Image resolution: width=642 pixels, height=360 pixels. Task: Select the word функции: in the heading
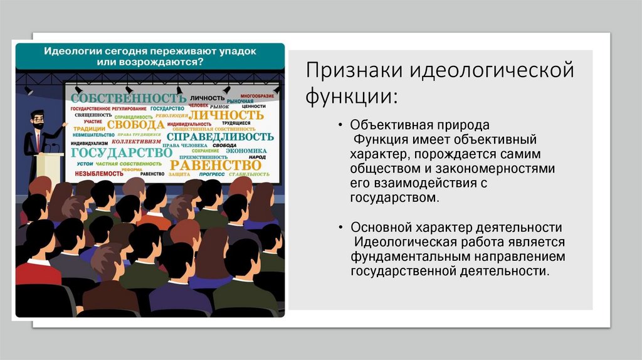[x=351, y=97]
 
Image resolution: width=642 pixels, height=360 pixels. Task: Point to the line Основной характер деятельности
[x=456, y=227]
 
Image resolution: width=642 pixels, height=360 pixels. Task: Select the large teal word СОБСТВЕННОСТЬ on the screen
[x=129, y=98]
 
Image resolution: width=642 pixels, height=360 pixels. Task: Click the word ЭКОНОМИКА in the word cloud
[x=246, y=151]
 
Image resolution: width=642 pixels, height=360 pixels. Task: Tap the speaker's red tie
[x=38, y=141]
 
